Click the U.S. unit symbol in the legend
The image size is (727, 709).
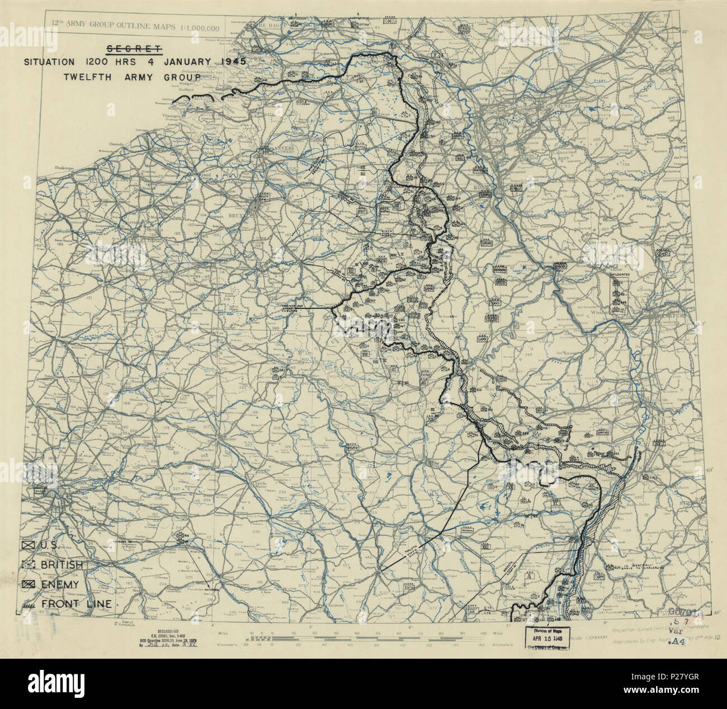tap(29, 546)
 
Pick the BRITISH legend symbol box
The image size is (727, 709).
tap(29, 565)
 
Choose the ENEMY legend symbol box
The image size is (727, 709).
tap(29, 584)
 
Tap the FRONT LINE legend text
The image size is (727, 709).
tap(75, 603)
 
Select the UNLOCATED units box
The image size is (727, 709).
tap(619, 294)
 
